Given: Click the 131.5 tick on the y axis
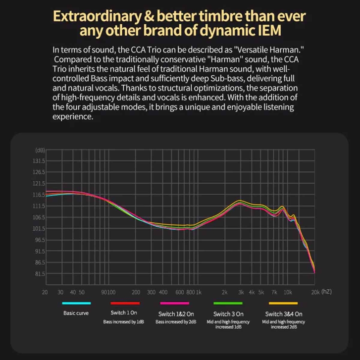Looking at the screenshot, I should click(x=39, y=161).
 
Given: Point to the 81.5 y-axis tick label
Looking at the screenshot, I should click(x=39, y=274).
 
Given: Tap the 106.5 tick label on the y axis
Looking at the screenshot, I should click(x=39, y=217).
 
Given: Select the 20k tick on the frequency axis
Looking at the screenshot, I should click(x=315, y=292).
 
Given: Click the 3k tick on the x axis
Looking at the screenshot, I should click(x=241, y=292).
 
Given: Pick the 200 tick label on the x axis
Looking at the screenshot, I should click(x=136, y=292).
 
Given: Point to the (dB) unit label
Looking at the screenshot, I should click(x=40, y=150).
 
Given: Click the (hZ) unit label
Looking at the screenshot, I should click(x=327, y=292).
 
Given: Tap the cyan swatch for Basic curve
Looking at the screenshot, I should click(x=76, y=303).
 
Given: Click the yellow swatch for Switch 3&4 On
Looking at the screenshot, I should click(x=283, y=303).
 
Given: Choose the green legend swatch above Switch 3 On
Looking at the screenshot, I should click(x=228, y=303).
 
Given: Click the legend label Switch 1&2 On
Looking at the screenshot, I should click(x=176, y=314).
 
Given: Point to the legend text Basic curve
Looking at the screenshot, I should click(x=76, y=313).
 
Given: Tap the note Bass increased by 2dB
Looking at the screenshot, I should click(x=176, y=322).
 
